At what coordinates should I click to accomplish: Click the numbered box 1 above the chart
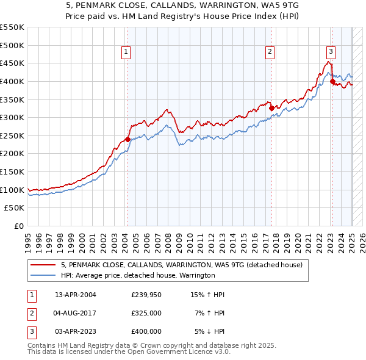point(126,52)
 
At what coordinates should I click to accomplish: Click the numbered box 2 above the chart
point(270,52)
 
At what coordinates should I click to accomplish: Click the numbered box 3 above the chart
point(330,52)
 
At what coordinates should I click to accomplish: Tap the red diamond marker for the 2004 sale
point(127,139)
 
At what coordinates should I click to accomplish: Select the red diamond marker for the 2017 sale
point(272,109)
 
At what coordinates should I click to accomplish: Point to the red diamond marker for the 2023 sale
point(332,81)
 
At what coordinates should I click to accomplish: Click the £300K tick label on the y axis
point(12,117)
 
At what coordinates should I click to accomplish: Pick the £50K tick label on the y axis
point(15,207)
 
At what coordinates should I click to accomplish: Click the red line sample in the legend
point(43,265)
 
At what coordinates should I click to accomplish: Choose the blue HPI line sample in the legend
point(43,275)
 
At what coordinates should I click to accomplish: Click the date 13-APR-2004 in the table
point(76,295)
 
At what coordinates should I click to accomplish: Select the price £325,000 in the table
point(146,313)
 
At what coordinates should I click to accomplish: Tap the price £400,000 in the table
point(146,331)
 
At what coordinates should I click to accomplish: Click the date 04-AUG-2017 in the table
point(76,313)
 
